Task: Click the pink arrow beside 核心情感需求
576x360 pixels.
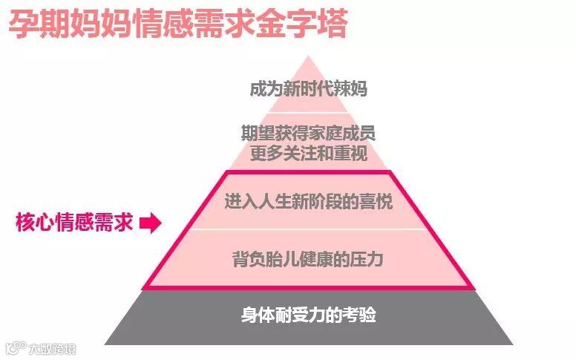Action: click(x=150, y=223)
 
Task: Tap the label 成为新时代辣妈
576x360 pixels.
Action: click(x=308, y=89)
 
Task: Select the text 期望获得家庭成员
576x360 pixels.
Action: click(x=308, y=134)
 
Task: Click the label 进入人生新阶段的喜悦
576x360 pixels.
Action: click(x=308, y=201)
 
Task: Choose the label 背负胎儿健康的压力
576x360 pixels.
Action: click(x=308, y=260)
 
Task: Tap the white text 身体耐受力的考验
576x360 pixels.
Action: click(x=308, y=315)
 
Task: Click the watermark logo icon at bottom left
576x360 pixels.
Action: click(x=14, y=347)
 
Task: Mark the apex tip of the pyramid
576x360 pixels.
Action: click(x=309, y=56)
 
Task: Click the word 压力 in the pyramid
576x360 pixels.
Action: click(x=368, y=260)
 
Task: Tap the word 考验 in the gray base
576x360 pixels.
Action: click(x=360, y=315)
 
